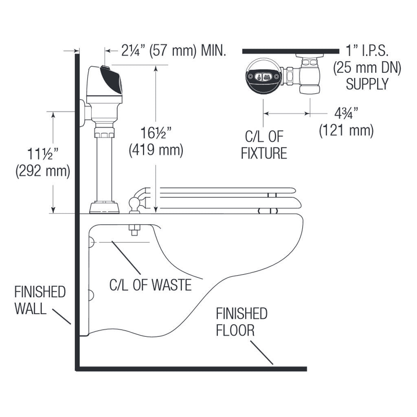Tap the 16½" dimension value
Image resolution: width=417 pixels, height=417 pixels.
tap(156, 133)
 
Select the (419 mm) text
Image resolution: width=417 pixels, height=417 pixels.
tap(156, 150)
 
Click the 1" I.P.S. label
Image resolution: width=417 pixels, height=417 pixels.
tap(367, 51)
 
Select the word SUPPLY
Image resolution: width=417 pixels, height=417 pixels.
tap(367, 84)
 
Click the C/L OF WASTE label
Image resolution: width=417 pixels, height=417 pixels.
tap(150, 285)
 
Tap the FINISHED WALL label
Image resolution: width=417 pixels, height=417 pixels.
tap(40, 300)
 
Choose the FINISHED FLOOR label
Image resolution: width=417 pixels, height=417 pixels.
tap(241, 322)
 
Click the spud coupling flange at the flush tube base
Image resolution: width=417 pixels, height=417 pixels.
tap(105, 207)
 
